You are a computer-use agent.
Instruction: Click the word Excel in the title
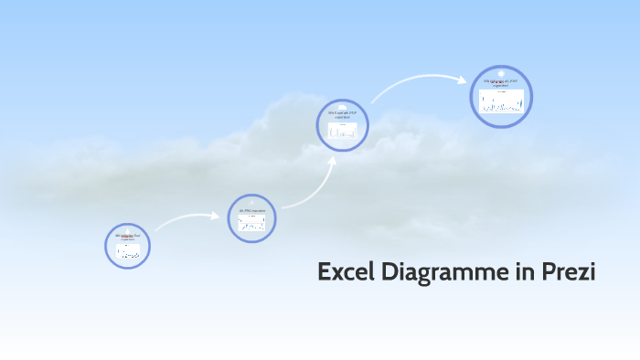coord(345,272)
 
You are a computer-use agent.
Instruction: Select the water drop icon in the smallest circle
coord(127,229)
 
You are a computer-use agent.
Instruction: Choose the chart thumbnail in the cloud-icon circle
coord(342,131)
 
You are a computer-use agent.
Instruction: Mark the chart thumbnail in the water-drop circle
coord(127,252)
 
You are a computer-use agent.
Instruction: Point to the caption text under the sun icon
coord(501,84)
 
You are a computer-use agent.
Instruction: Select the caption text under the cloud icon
coord(342,115)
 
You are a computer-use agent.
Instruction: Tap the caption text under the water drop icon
coord(127,237)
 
